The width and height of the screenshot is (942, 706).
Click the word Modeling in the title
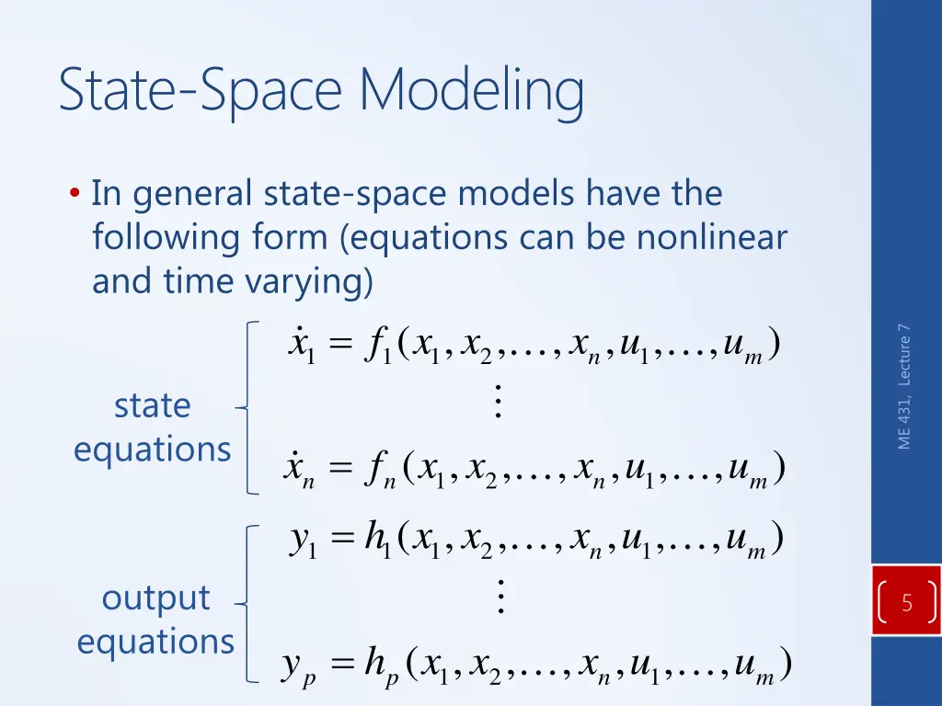click(x=471, y=93)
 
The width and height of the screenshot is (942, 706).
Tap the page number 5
click(x=907, y=604)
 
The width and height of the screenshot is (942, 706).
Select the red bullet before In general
click(x=74, y=195)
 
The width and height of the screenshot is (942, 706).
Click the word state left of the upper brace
click(x=152, y=405)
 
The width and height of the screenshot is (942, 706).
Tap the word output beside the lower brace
click(x=155, y=598)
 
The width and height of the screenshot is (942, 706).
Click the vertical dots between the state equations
click(x=498, y=403)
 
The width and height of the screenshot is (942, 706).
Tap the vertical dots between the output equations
click(x=500, y=598)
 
